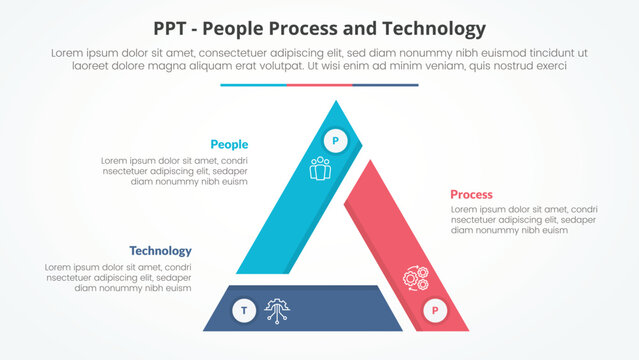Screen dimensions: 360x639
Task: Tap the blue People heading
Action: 229,144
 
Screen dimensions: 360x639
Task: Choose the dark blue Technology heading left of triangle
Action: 160,251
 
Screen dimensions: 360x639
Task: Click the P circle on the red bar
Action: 435,311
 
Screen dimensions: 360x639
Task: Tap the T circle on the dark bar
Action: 243,311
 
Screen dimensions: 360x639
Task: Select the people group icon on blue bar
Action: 320,168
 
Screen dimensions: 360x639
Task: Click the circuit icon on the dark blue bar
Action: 277,311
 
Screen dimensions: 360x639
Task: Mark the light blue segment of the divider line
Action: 253,85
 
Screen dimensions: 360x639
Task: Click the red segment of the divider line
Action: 319,85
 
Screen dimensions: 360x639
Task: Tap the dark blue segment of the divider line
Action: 385,85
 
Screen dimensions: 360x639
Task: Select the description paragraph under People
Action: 175,171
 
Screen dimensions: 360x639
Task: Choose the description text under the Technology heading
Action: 118,278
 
